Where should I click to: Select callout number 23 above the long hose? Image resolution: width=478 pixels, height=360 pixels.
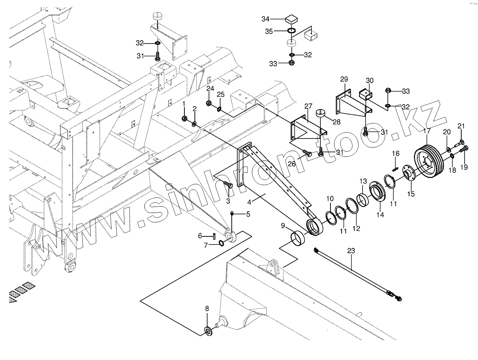pyautogui.click(x=351, y=251)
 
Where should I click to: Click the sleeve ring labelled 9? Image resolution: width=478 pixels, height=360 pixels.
pyautogui.click(x=299, y=238)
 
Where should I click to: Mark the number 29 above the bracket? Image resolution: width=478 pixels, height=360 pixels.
pyautogui.click(x=344, y=79)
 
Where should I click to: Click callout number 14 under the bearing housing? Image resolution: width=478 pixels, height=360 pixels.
pyautogui.click(x=380, y=215)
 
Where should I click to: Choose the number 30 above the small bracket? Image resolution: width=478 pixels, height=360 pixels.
pyautogui.click(x=370, y=80)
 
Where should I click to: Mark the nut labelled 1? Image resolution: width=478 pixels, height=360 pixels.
pyautogui.click(x=184, y=118)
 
